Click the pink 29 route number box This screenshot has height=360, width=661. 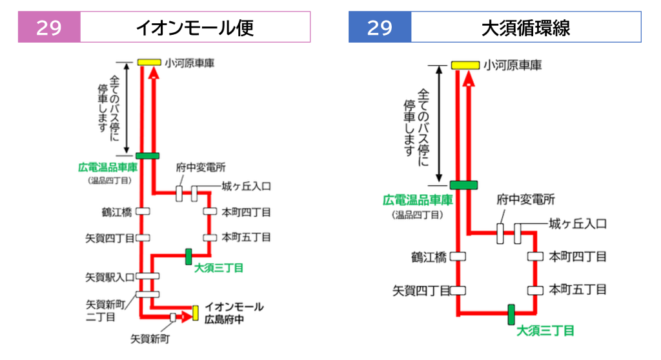point(49,27)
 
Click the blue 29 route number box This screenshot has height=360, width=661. point(380,27)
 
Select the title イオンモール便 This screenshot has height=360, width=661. point(195,28)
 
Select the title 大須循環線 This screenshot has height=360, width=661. point(525,28)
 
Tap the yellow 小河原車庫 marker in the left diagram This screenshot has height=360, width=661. point(149,63)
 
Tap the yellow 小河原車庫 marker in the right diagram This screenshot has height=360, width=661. point(465,65)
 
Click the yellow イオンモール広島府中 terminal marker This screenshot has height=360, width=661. point(195,313)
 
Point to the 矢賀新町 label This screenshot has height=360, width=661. point(150,339)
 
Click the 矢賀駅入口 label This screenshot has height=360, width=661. point(110,277)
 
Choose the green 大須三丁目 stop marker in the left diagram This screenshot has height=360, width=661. point(188,257)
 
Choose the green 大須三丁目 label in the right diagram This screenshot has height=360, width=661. point(545,330)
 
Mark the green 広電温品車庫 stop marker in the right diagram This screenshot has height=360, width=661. point(463,185)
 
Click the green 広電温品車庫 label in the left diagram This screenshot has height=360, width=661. point(108,167)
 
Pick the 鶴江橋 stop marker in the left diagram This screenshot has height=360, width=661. point(143,211)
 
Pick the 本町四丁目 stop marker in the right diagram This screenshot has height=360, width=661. point(535,256)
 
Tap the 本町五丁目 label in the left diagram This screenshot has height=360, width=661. point(246,237)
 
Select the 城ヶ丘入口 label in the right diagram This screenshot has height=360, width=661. point(578,224)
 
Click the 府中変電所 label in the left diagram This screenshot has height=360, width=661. point(201,167)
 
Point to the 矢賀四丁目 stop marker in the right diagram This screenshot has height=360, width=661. point(458,290)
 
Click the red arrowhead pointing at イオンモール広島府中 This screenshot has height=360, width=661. point(187,317)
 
